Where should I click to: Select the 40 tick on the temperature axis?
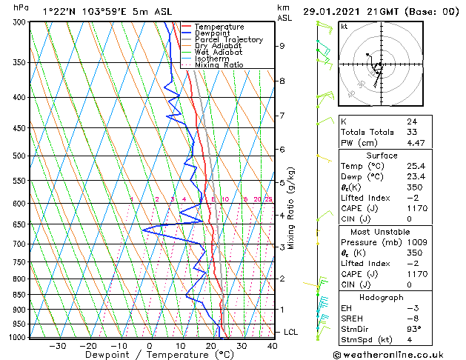273,345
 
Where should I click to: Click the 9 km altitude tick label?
282,46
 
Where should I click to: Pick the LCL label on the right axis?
290,332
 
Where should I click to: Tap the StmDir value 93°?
413,329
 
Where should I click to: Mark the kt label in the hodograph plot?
344,26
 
